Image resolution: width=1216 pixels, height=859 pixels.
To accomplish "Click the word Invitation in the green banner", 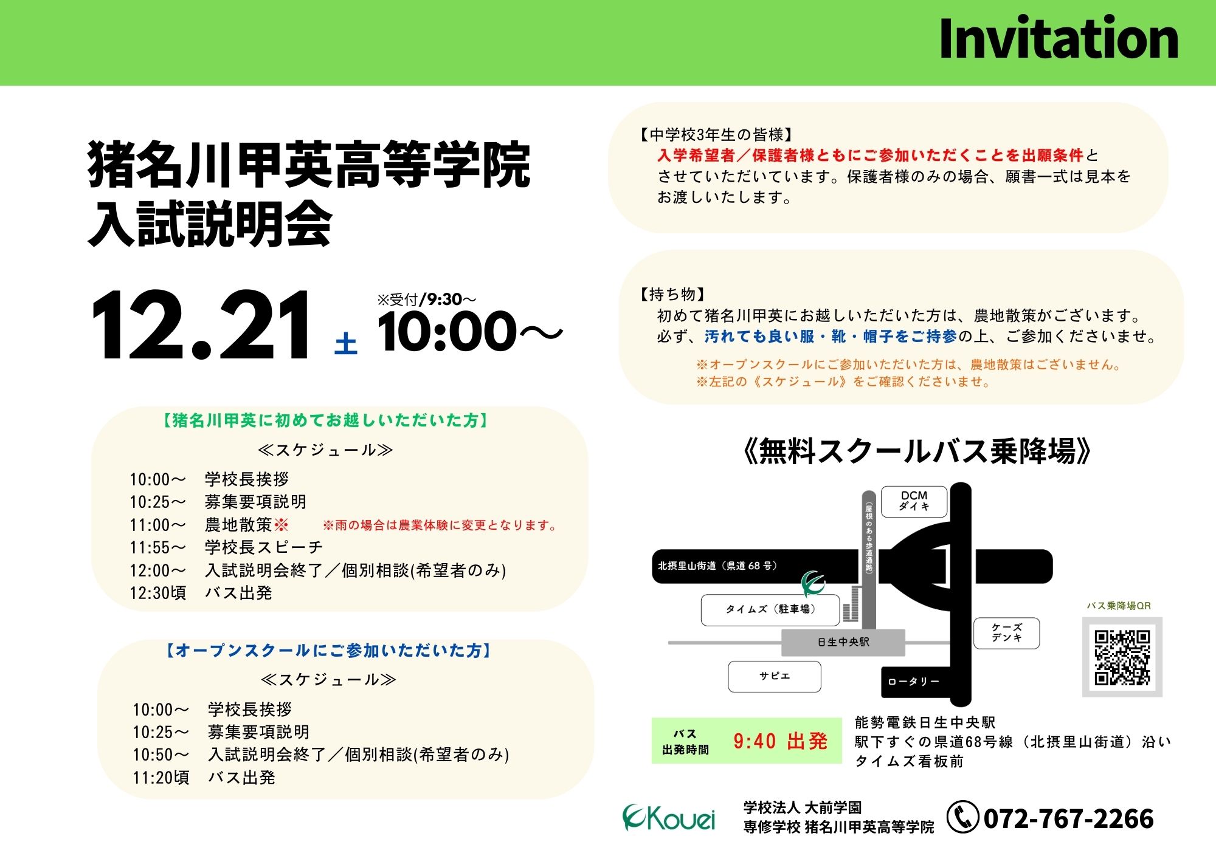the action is click(1059, 38).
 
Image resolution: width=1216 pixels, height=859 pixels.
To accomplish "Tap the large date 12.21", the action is click(201, 326).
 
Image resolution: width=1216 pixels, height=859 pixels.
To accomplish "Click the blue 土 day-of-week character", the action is click(346, 343).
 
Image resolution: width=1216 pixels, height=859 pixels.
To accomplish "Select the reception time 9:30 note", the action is click(427, 299).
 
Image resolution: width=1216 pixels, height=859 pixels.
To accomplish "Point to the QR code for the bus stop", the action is click(1122, 657).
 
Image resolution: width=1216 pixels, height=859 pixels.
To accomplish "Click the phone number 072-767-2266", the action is click(1068, 818).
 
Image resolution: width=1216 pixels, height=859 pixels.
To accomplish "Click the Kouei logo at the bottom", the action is click(669, 818).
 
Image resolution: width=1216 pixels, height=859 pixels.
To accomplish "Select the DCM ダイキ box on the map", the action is click(914, 501).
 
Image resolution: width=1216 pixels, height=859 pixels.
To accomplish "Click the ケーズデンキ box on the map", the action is click(1007, 633).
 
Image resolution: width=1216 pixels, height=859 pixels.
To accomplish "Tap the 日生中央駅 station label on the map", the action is click(843, 642).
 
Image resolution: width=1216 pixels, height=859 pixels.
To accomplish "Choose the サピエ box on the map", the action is click(775, 676).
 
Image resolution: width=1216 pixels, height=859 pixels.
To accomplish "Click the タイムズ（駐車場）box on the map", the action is click(770, 609).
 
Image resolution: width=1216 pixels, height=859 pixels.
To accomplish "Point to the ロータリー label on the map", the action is click(913, 682).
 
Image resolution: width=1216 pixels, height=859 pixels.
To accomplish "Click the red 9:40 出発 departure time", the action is click(780, 741).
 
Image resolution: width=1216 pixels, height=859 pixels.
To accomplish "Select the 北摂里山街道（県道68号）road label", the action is click(717, 566).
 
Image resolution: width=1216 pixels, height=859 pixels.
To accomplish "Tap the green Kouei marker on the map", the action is click(812, 584).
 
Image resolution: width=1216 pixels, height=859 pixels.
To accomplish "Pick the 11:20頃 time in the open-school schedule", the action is click(161, 778).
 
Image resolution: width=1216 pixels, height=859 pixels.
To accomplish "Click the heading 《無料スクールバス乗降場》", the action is click(917, 451).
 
